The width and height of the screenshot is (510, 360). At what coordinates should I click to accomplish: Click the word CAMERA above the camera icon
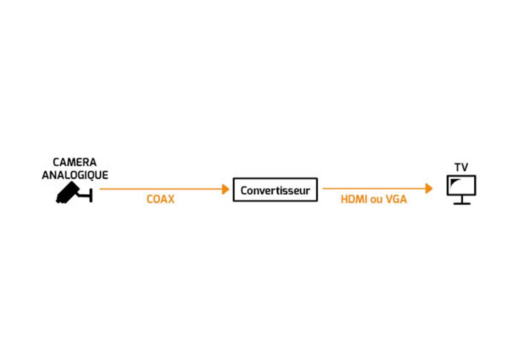(x=74, y=162)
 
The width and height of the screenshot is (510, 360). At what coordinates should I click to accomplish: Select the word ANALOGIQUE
(x=75, y=175)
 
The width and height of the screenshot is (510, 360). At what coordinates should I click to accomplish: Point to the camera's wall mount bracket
(x=86, y=195)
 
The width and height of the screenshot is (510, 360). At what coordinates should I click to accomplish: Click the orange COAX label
(x=160, y=199)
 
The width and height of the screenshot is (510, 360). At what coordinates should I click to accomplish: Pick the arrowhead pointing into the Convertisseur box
(x=226, y=189)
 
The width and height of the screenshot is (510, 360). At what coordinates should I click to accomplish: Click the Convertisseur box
(x=275, y=190)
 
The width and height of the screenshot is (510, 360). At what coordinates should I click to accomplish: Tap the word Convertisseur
(x=275, y=190)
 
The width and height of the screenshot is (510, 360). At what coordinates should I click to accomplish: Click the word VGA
(x=396, y=199)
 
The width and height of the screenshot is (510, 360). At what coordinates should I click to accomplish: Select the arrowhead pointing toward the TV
(x=429, y=188)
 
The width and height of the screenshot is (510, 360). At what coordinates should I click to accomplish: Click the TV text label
(x=461, y=167)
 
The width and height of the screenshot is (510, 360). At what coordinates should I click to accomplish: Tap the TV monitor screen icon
(x=461, y=185)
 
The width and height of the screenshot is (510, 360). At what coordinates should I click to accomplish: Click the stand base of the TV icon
(x=462, y=204)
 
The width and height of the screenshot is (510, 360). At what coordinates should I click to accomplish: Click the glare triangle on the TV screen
(x=454, y=182)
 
